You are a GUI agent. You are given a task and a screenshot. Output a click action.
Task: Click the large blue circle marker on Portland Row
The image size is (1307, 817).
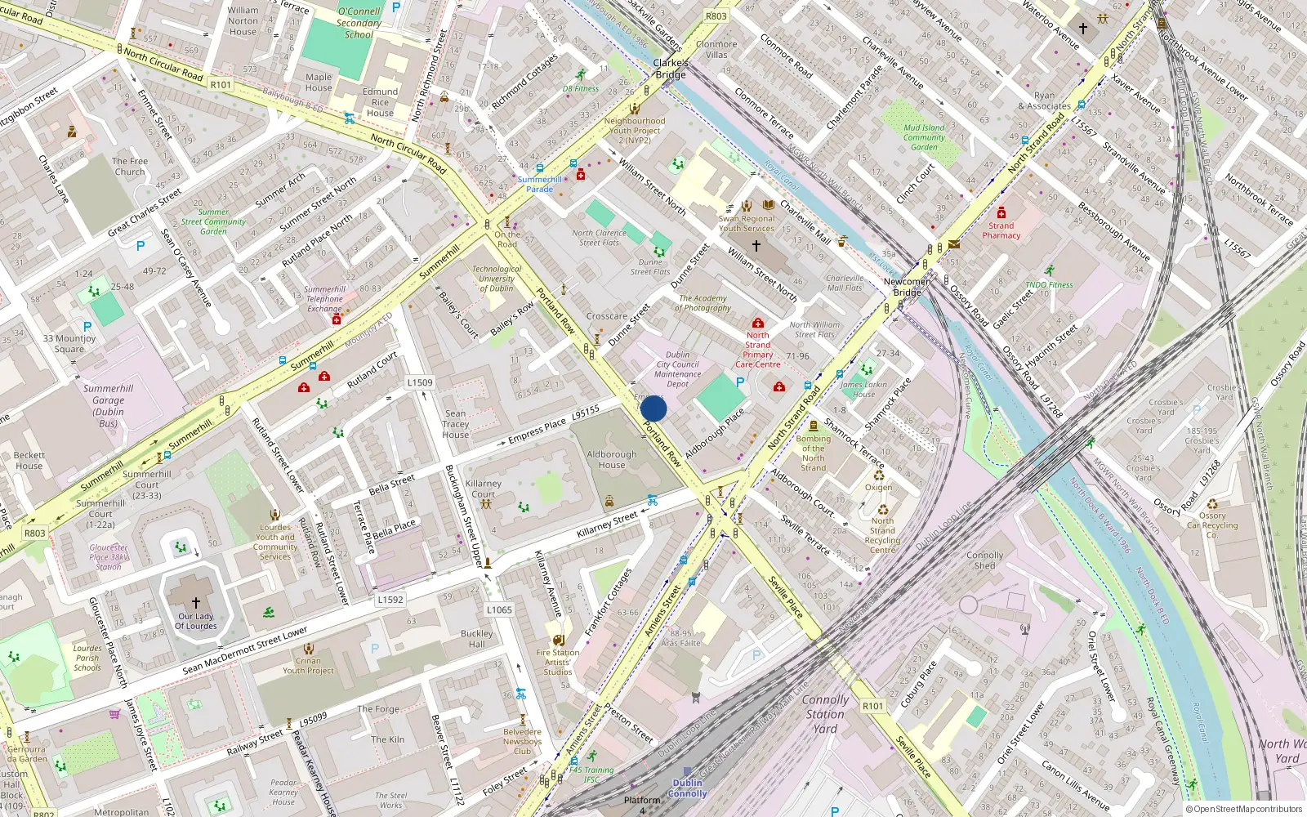tap(653, 408)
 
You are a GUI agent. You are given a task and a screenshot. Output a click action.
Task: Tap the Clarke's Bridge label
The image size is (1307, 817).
tap(671, 69)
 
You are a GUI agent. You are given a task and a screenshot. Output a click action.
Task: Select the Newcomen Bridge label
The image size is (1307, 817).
tap(907, 287)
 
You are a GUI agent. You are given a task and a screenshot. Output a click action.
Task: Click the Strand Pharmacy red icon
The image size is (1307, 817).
tap(1001, 213)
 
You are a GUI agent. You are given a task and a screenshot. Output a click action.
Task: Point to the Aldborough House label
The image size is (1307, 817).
tap(611, 460)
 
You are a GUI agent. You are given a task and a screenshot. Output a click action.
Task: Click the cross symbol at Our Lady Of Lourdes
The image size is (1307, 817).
tap(196, 602)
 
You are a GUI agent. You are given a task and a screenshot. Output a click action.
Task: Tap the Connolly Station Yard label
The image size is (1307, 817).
tap(825, 714)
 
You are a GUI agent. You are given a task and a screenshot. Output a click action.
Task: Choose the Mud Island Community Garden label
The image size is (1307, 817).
tap(924, 137)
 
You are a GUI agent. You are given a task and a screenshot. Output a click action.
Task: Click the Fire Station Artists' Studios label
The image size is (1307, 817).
tap(558, 662)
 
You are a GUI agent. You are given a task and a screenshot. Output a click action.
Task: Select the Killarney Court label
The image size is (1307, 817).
tap(484, 489)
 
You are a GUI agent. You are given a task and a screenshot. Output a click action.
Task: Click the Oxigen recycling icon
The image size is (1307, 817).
tap(879, 475)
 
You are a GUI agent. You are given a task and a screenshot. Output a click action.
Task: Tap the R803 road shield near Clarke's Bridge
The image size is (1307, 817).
tap(716, 16)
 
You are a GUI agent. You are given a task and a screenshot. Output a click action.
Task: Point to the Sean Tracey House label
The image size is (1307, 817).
tap(456, 424)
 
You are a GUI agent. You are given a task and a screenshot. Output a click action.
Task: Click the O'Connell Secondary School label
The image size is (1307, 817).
tap(359, 23)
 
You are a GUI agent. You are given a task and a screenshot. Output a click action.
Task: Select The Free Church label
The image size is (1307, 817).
tap(130, 167)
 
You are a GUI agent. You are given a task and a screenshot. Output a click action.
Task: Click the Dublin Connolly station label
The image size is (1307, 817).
tap(687, 788)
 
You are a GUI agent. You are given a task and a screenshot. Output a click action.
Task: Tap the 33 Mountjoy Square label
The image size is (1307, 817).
tap(69, 344)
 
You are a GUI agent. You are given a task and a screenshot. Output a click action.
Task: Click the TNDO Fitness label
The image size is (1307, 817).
tap(1049, 284)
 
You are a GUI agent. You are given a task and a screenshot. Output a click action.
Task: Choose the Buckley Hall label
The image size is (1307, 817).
tap(477, 638)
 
